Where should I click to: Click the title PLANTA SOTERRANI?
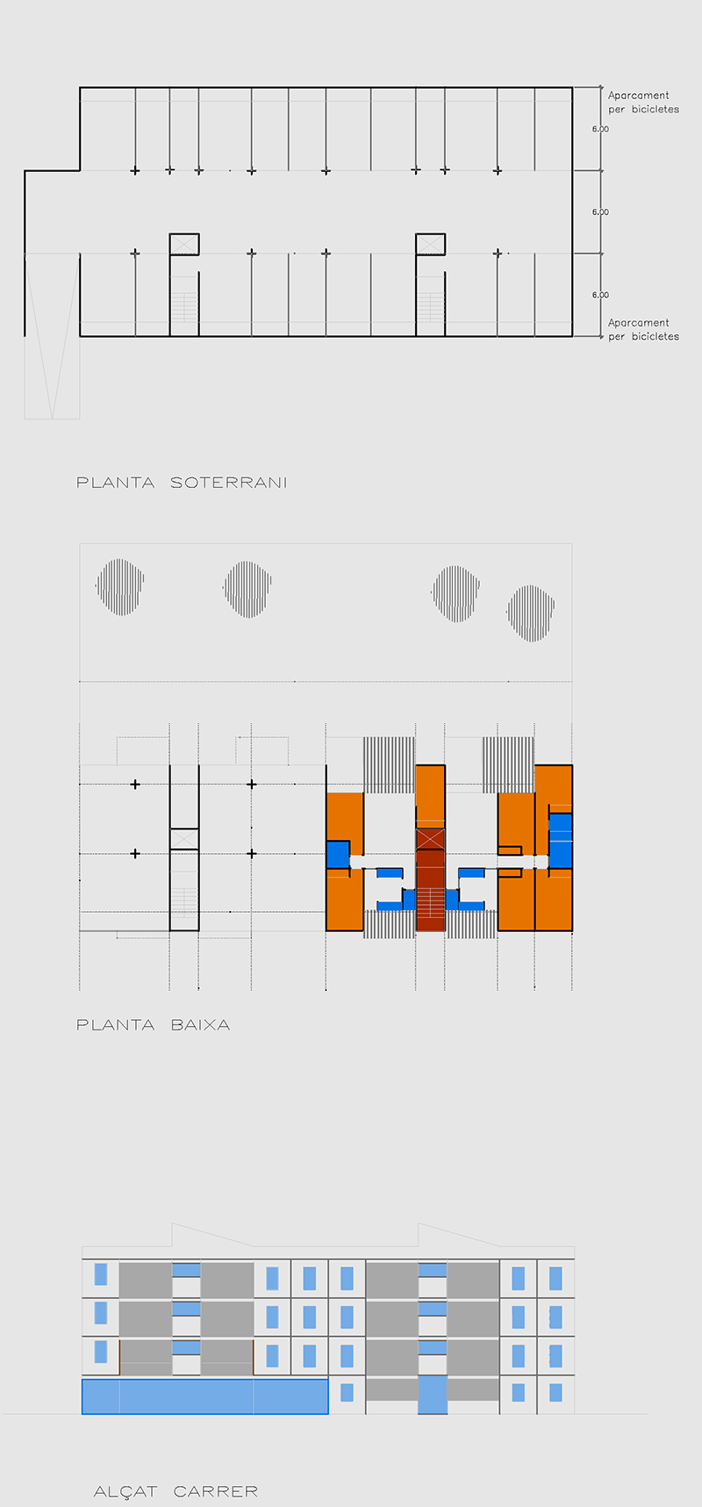[x=182, y=482]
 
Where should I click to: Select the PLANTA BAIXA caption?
[x=154, y=1024]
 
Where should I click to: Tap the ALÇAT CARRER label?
[x=175, y=1491]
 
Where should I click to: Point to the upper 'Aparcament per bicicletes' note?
[x=643, y=102]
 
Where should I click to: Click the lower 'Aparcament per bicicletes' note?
[x=643, y=329]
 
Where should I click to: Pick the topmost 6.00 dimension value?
[x=600, y=129]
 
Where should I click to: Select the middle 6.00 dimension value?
[x=600, y=212]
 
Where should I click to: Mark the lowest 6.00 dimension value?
[x=600, y=295]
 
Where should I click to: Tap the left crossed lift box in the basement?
[x=184, y=244]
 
